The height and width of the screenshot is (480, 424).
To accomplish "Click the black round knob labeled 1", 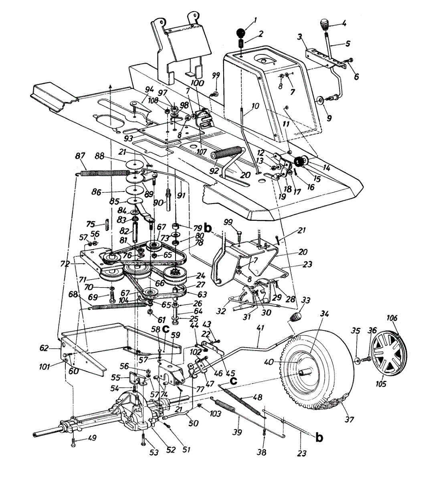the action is pyautogui.click(x=241, y=33).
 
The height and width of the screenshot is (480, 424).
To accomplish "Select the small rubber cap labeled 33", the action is pyautogui.click(x=296, y=316).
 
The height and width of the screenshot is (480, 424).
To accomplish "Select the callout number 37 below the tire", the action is pyautogui.click(x=349, y=420).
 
